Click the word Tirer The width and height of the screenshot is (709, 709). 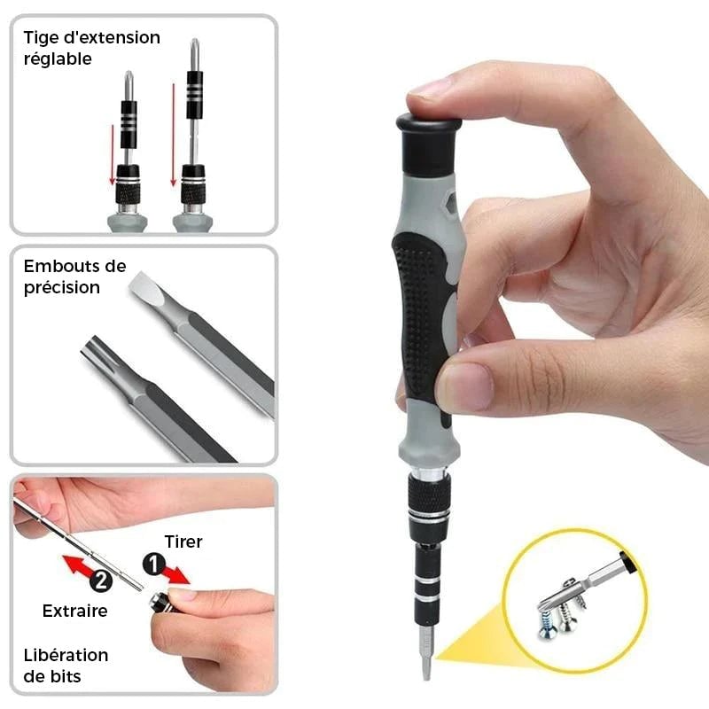pos(183,541)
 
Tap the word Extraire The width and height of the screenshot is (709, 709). pos(75,611)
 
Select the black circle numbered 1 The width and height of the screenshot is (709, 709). pos(154,565)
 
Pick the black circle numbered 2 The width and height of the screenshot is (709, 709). pos(101,580)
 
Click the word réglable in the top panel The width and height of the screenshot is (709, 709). pos(58,59)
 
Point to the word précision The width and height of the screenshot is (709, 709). pos(62,287)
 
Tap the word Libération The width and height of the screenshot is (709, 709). pos(66,655)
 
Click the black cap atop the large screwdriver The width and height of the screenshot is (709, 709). pos(429,144)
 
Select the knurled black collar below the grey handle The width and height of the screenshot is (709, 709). pos(428,495)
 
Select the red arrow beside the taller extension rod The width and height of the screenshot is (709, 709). pos(173,135)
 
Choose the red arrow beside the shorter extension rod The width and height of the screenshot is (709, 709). pos(113,154)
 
